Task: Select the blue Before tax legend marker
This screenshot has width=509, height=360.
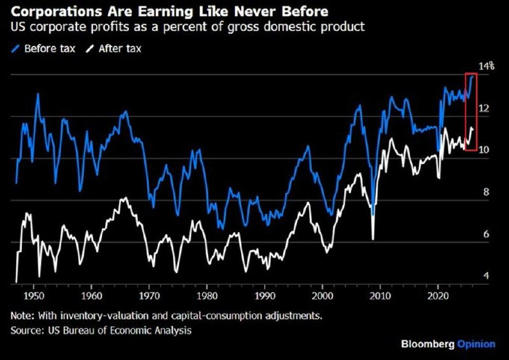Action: [15, 49]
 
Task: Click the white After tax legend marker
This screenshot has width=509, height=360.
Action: [90, 49]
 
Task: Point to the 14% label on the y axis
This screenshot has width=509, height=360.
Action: [487, 66]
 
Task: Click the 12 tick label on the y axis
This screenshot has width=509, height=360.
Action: [484, 108]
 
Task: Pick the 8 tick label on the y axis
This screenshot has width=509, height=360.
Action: [486, 192]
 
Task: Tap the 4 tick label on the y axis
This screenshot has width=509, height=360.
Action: [486, 275]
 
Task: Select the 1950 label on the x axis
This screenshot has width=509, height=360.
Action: [34, 296]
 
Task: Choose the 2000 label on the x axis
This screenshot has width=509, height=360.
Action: [323, 296]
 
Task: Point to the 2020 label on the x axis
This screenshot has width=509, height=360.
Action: [438, 296]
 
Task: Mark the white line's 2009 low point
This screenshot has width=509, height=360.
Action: [373, 239]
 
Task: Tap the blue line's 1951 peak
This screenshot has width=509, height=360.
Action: [38, 93]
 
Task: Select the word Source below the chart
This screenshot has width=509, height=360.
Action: [27, 331]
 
